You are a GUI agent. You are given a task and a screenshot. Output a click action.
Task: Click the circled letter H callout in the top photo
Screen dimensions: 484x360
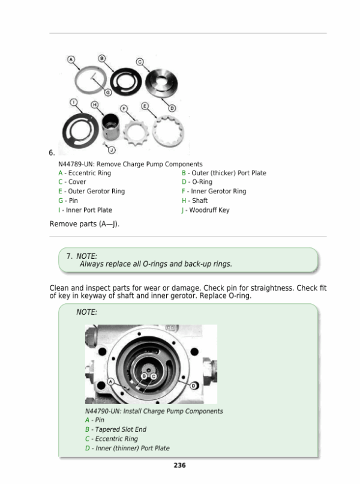point(95,104)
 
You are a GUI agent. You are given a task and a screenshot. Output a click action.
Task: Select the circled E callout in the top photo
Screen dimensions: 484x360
point(145,105)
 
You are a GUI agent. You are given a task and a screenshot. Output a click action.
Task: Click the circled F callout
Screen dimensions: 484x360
point(124,109)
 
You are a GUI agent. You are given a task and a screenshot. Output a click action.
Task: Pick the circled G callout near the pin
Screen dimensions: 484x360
point(107,92)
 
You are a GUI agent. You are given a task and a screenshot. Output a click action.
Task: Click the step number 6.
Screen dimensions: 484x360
point(52,153)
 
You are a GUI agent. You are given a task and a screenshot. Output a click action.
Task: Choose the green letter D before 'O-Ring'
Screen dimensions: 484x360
point(184,182)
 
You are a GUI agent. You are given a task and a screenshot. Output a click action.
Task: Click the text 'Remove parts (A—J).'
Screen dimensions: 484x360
point(85,224)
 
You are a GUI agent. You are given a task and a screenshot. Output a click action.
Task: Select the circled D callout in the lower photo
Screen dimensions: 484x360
point(193,384)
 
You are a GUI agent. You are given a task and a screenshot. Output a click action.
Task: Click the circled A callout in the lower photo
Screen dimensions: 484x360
point(111,381)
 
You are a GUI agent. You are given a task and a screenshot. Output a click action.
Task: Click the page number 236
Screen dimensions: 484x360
point(179,465)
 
